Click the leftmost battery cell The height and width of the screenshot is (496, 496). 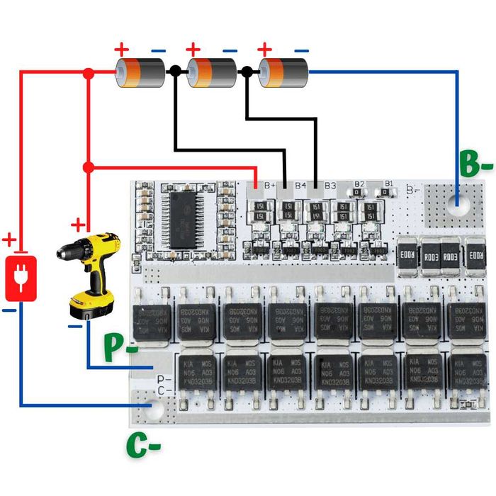pyautogui.click(x=139, y=72)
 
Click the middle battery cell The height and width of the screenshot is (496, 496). pyautogui.click(x=210, y=72)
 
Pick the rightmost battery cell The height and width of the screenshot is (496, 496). pyautogui.click(x=283, y=72)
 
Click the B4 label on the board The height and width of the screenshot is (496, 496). pyautogui.click(x=300, y=186)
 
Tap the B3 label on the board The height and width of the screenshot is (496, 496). pyautogui.click(x=330, y=186)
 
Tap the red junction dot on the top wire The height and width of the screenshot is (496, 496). pyautogui.click(x=89, y=73)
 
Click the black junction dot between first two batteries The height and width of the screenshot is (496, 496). pyautogui.click(x=174, y=72)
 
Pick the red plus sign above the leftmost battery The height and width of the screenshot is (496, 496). pyautogui.click(x=122, y=50)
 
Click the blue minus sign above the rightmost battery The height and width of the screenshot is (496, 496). pyautogui.click(x=301, y=50)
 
